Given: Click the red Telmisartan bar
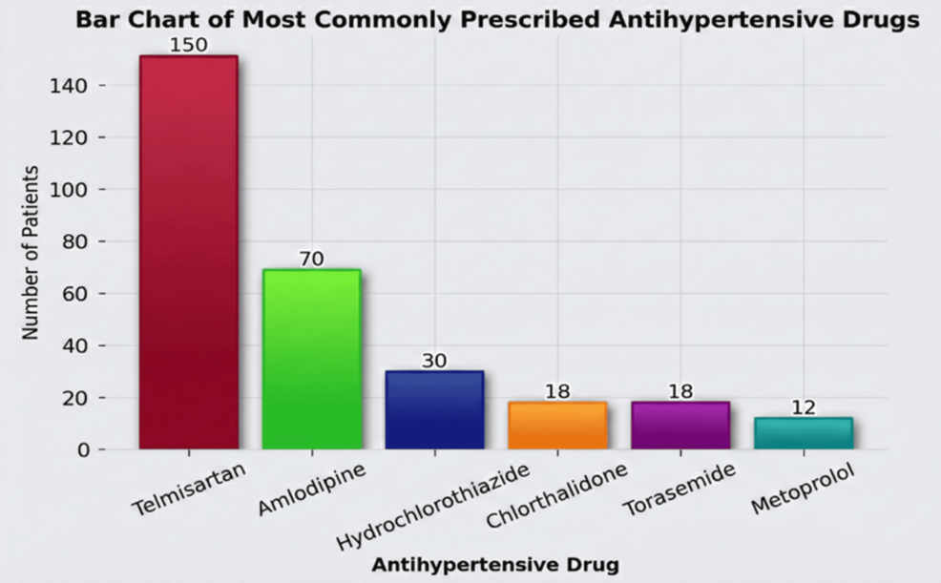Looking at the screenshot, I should pyautogui.click(x=188, y=252).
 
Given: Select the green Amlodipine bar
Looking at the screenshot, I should pyautogui.click(x=312, y=359).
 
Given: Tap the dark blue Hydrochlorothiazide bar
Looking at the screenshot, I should pyautogui.click(x=434, y=410).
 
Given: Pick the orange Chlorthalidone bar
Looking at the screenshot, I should pyautogui.click(x=557, y=426).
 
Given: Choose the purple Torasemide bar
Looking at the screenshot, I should pyautogui.click(x=680, y=426).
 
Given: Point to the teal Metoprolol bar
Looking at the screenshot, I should pyautogui.click(x=803, y=433).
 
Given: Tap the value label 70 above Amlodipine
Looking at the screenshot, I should pyautogui.click(x=312, y=260).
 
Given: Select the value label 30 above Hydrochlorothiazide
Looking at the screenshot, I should pyautogui.click(x=434, y=362).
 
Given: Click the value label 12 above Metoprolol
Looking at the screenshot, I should pyautogui.click(x=803, y=408).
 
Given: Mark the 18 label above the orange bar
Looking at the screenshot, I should pyautogui.click(x=557, y=392).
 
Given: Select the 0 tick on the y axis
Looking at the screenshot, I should pyautogui.click(x=84, y=449).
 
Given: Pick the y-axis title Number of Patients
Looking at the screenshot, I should pyautogui.click(x=31, y=252).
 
